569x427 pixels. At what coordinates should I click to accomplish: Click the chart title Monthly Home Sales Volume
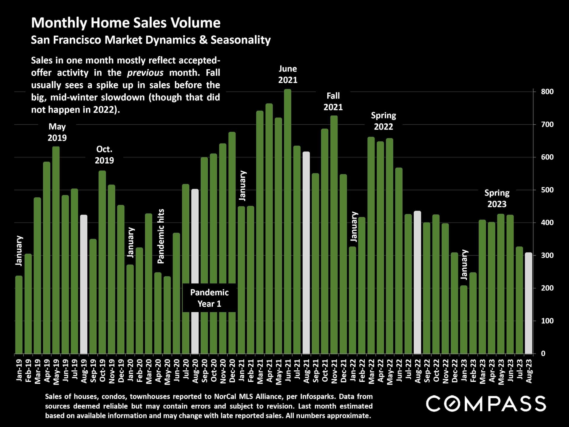pyautogui.click(x=126, y=23)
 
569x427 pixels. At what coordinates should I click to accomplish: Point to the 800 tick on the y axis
pyautogui.click(x=547, y=92)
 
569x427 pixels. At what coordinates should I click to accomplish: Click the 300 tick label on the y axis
pyautogui.click(x=547, y=255)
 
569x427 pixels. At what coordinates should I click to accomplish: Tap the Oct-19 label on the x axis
pyautogui.click(x=102, y=371)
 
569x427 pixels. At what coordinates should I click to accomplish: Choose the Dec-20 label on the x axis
pyautogui.click(x=232, y=371)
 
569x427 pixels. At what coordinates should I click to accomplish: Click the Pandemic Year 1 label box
pyautogui.click(x=209, y=298)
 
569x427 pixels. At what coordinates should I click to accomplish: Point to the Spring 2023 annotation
pyautogui.click(x=497, y=198)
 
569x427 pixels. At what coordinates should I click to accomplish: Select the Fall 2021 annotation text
pyautogui.click(x=333, y=101)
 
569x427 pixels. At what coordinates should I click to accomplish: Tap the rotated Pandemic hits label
pyautogui.click(x=161, y=236)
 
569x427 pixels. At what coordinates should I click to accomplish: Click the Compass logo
pyautogui.click(x=486, y=404)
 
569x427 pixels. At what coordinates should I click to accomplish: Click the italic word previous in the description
pyautogui.click(x=145, y=73)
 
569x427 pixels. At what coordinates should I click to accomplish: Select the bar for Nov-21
pyautogui.click(x=334, y=235)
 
